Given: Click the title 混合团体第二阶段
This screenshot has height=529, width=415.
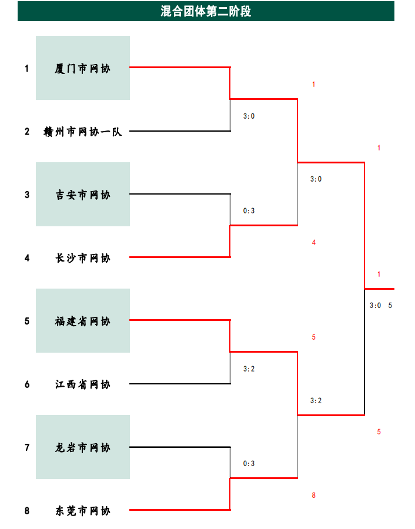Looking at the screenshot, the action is pos(206,11).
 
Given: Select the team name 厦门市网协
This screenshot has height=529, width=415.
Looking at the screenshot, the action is pos(82,69).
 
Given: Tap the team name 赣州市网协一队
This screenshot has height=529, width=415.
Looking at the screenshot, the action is pos(82,132).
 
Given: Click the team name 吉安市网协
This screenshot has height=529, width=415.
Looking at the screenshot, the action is pos(82,195).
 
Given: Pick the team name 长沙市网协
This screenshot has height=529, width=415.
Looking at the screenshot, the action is pos(82,258).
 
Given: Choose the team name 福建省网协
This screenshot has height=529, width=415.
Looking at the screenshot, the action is pos(82,321).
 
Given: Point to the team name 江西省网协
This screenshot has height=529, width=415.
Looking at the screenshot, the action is pos(82,384).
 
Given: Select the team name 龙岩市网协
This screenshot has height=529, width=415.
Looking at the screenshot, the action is pos(82,448).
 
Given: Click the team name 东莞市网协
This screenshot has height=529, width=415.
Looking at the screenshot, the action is pos(82,511).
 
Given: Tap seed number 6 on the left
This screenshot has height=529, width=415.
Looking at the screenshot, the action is pos(27,384).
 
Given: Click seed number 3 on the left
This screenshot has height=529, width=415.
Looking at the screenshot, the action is pos(27,195).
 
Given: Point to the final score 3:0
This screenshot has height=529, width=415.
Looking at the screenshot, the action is pos(375,305).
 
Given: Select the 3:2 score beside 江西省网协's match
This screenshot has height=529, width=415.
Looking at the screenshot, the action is pos(249,369).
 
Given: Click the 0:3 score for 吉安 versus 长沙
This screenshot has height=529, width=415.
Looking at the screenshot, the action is pos(249,210).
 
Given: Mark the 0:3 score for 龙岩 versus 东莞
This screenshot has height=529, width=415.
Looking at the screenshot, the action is pos(249,463).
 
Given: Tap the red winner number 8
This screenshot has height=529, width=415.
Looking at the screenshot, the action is pos(314,495).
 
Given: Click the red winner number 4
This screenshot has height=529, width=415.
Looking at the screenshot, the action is pos(314,242).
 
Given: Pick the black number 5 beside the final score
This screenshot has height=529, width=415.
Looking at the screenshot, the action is pos(390,305).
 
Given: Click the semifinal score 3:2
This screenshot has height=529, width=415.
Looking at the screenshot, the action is pos(316,400).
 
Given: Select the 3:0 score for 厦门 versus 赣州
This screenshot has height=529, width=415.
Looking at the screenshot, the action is pos(249,116).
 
